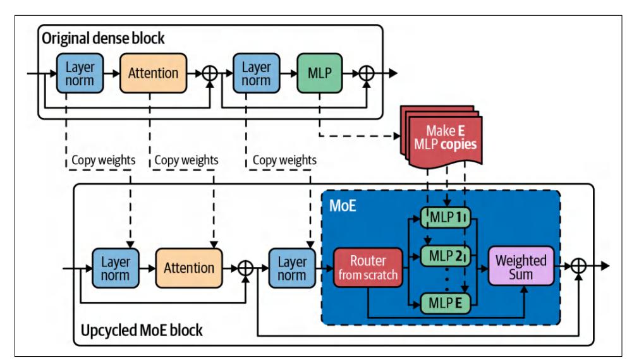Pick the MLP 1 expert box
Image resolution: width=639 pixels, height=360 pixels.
pyautogui.click(x=446, y=218)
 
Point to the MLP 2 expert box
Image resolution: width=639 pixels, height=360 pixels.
pyautogui.click(x=446, y=256)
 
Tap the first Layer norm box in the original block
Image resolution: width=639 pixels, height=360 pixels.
pyautogui.click(x=78, y=73)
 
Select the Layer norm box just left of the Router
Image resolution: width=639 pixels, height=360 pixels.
pyautogui.click(x=291, y=267)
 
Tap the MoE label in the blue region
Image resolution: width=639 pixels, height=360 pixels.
pyautogui.click(x=343, y=207)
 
